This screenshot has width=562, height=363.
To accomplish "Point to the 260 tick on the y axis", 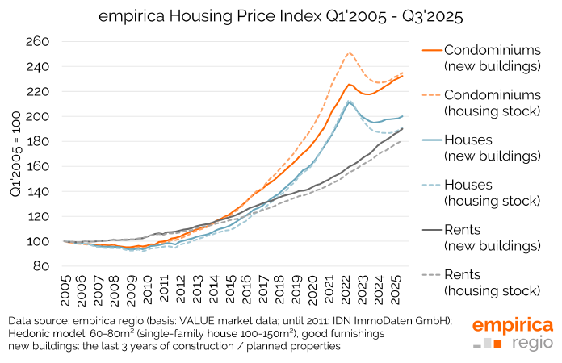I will (x=37, y=42).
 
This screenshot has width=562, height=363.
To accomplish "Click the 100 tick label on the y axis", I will (x=37, y=241).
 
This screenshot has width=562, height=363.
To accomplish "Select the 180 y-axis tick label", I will (x=37, y=142).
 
